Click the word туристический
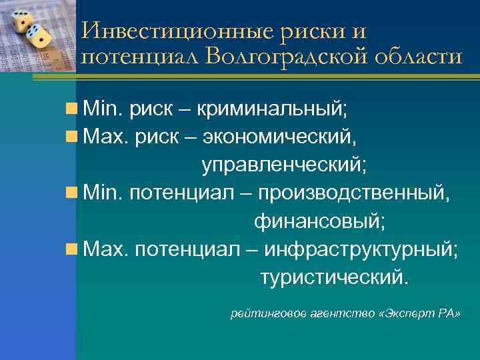[331, 277]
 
